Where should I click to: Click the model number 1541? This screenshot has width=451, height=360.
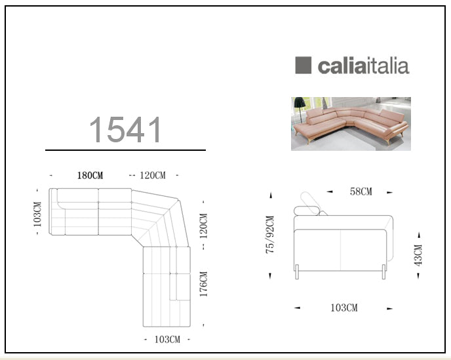tap(125, 129)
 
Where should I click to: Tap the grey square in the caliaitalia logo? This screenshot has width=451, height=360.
tap(303, 65)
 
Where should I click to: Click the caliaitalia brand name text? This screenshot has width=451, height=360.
tap(364, 66)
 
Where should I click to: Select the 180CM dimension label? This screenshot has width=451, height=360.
tap(90, 175)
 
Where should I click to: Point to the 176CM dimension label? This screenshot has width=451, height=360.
tap(203, 284)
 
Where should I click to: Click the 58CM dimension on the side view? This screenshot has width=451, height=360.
tap(361, 191)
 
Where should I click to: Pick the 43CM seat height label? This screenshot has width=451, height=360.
tap(418, 255)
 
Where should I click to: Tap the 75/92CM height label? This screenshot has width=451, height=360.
tap(270, 235)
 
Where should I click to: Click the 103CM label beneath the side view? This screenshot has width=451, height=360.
tap(344, 308)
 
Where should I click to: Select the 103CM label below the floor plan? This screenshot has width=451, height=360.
tap(167, 340)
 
